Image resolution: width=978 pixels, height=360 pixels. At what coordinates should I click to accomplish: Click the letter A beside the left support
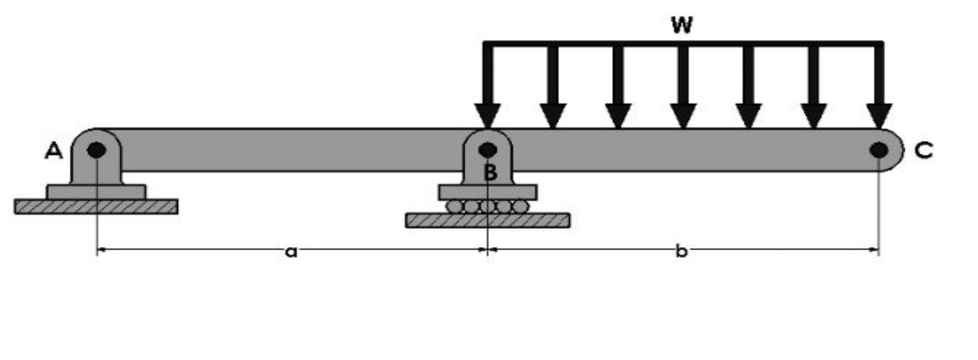click(x=53, y=151)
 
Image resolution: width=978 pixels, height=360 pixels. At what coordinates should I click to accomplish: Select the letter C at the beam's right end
click(x=924, y=151)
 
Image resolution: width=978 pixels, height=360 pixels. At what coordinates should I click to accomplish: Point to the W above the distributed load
click(x=681, y=25)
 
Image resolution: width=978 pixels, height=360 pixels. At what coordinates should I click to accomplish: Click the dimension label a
click(x=292, y=252)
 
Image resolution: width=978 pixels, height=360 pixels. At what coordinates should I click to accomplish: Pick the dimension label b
click(x=681, y=252)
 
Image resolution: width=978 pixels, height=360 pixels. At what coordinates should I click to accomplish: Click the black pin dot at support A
click(x=96, y=150)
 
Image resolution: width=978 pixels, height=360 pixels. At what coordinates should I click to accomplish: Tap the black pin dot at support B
click(x=487, y=150)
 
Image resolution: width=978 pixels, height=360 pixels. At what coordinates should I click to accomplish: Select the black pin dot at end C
click(x=879, y=151)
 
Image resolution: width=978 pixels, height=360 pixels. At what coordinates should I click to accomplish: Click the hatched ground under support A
click(x=96, y=206)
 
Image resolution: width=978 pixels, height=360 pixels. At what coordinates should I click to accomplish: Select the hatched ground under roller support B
click(x=488, y=220)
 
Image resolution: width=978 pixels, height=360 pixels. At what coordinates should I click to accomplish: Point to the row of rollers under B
click(x=488, y=206)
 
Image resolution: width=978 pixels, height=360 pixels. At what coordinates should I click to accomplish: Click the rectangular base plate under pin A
click(x=96, y=192)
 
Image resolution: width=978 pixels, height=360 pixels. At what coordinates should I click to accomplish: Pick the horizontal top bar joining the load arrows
click(x=683, y=44)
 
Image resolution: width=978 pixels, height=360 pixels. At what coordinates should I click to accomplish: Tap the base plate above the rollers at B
click(x=488, y=192)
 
